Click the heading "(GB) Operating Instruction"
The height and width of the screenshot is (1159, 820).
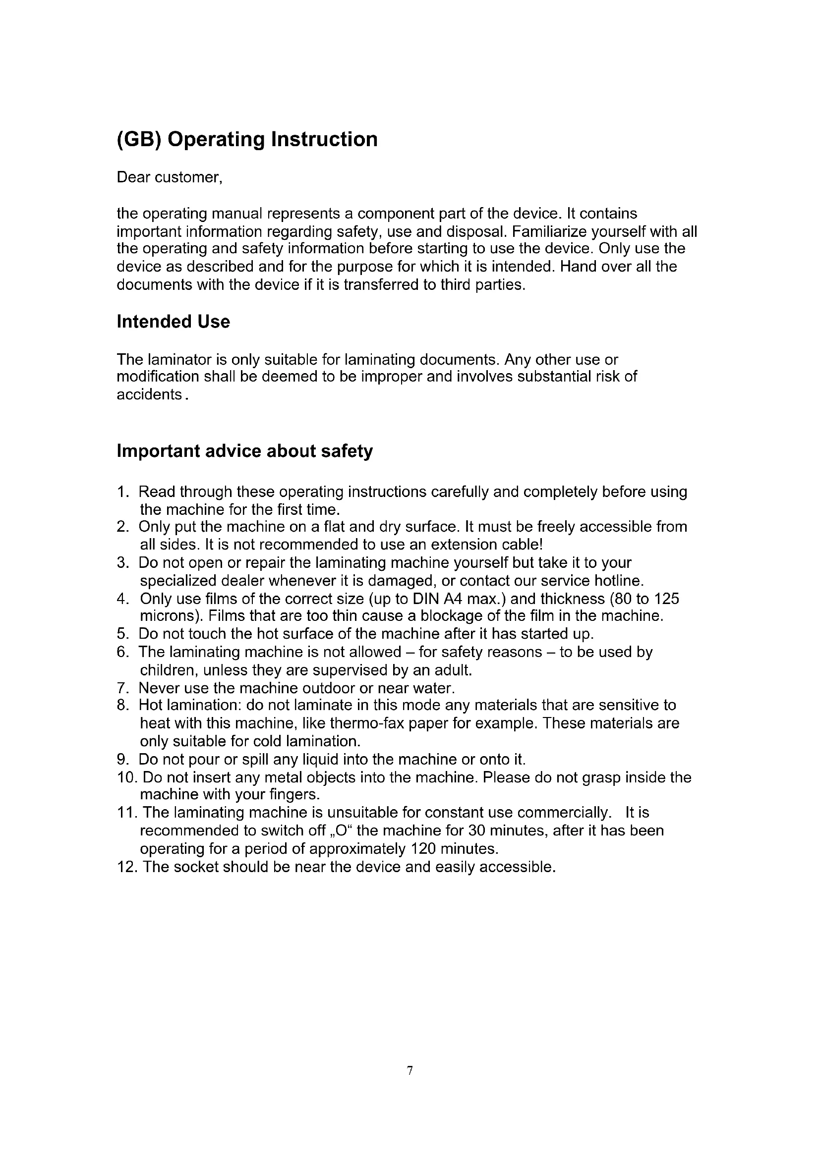click(x=247, y=139)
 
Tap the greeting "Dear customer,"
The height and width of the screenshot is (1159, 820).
click(x=170, y=178)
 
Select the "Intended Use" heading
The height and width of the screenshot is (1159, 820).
click(x=173, y=322)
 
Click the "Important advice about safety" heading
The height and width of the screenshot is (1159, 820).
click(x=245, y=451)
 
